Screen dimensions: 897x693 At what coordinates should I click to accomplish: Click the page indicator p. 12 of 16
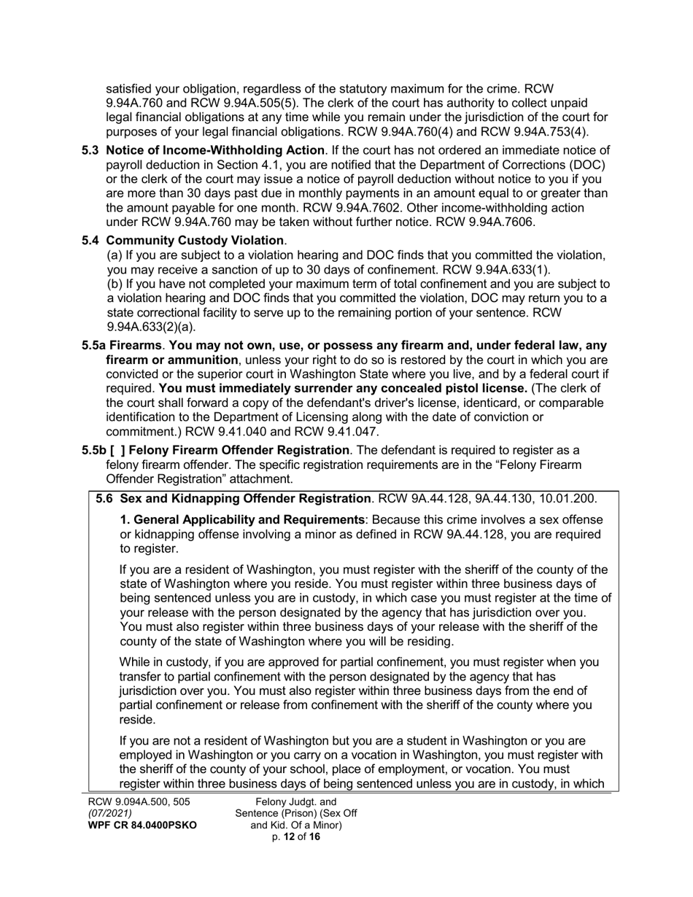click(x=295, y=837)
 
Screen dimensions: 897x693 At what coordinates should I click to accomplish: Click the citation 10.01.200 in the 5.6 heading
click(x=568, y=499)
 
